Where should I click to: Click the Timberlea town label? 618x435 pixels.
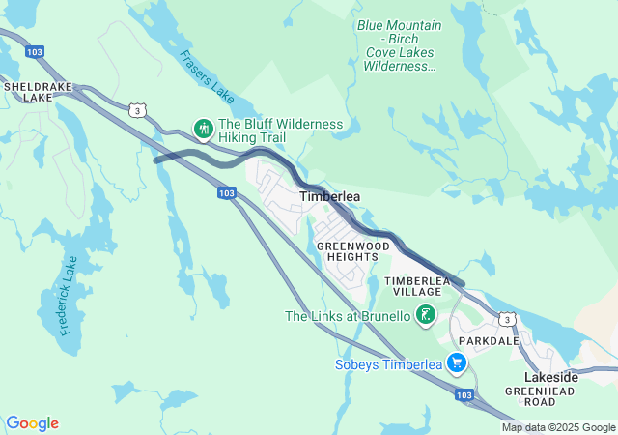coord(330,196)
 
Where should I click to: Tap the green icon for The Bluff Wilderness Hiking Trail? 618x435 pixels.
coord(204,128)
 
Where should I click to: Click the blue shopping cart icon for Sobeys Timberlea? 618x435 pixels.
coord(457,364)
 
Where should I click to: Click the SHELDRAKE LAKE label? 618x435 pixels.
coord(28,92)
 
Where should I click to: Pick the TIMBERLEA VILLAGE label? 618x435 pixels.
coord(418,286)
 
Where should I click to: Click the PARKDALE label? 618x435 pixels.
coord(490,341)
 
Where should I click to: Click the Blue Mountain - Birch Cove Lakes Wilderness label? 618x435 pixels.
coord(399,45)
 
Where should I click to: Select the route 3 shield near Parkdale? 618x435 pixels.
coord(505,319)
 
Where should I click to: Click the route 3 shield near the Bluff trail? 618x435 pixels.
coord(139,111)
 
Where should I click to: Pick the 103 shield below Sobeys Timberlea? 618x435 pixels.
coord(464,395)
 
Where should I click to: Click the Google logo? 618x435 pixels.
coord(32,423)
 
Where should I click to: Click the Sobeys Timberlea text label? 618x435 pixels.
coord(388,364)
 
